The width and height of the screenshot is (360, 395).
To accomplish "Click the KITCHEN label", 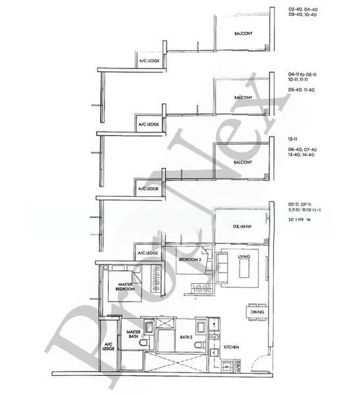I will tap(231, 346).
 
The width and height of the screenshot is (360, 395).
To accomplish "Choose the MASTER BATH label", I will tap(134, 334).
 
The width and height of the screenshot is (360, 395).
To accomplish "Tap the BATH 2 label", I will tap(186, 338).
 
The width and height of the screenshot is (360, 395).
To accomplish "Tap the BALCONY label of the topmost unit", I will tap(242, 34).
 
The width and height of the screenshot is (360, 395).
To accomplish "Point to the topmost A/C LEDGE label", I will tap(148, 62).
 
